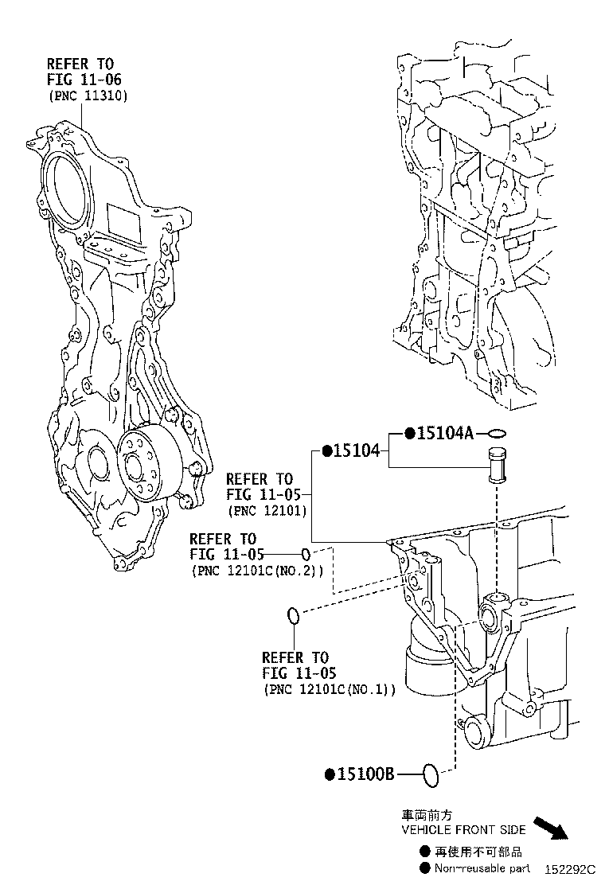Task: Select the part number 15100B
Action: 365,774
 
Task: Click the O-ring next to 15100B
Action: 430,774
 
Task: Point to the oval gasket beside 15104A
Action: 497,434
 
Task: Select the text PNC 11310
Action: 88,96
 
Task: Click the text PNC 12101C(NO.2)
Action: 256,571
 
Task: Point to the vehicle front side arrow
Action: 551,828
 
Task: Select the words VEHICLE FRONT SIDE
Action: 463,829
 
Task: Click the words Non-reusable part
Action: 482,868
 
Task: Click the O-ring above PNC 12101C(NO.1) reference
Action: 293,615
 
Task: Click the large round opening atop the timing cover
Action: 64,181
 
